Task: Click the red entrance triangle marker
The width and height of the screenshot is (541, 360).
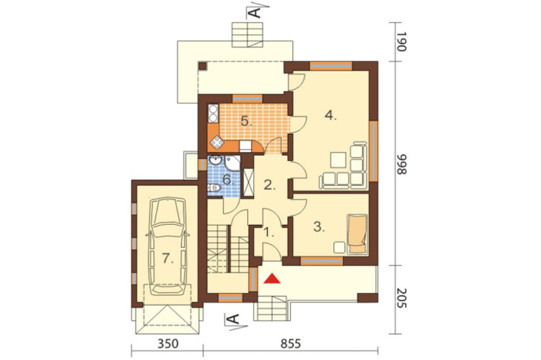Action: (x=273, y=278)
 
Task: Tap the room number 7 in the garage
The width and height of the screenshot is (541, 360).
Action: (x=168, y=258)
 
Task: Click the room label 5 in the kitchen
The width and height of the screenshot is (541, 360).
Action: (x=246, y=121)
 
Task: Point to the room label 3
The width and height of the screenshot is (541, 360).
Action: (x=319, y=227)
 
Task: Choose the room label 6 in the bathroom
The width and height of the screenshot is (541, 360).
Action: (x=228, y=179)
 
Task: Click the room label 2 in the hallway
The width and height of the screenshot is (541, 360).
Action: (x=270, y=185)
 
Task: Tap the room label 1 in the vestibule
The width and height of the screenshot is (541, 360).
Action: (x=269, y=232)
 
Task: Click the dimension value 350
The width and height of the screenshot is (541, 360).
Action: (x=168, y=344)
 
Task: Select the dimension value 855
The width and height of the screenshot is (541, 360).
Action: (x=291, y=344)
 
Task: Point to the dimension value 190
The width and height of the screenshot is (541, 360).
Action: (x=401, y=42)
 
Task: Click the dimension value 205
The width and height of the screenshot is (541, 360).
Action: (x=401, y=298)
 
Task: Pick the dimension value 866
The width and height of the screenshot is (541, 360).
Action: (x=401, y=164)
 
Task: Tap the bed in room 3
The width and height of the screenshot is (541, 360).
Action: (x=358, y=234)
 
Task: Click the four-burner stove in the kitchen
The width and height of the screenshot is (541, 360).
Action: (x=217, y=142)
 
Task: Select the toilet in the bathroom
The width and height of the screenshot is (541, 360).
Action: (x=214, y=188)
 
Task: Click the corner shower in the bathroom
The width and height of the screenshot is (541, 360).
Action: (x=233, y=163)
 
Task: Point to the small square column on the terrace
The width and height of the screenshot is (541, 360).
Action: (x=202, y=65)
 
